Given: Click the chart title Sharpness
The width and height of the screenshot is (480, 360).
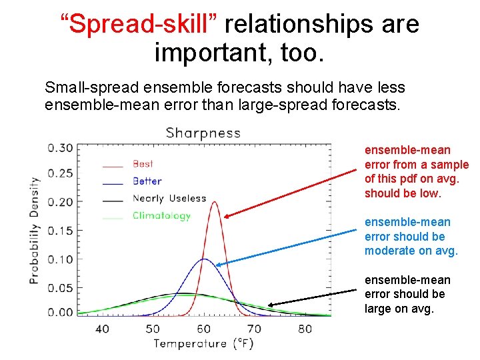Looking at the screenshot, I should pos(203,133).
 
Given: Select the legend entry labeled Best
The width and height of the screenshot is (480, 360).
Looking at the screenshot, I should pos(143,163).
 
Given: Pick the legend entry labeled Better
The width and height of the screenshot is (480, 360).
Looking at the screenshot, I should pos(147,181).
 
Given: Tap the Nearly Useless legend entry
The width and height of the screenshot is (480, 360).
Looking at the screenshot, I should pos(169,198).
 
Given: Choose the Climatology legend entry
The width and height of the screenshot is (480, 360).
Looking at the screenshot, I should pos(161,215).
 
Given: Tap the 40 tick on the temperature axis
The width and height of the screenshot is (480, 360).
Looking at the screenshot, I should pos(102,329).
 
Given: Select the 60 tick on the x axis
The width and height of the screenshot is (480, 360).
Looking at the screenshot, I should pos(203,329).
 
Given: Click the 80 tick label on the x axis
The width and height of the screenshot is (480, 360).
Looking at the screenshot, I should pos(305,329).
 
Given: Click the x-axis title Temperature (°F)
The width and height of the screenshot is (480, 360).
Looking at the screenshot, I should pos(203,344).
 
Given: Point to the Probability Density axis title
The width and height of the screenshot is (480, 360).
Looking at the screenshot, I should pos(34,230).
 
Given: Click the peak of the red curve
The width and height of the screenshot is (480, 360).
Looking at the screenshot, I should pos(214,203).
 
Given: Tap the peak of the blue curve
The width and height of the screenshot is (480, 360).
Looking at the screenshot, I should pos(204,259).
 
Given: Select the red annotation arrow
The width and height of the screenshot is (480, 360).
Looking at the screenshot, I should pos(291,193).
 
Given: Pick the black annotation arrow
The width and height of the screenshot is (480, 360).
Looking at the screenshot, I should pos(312,298).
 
